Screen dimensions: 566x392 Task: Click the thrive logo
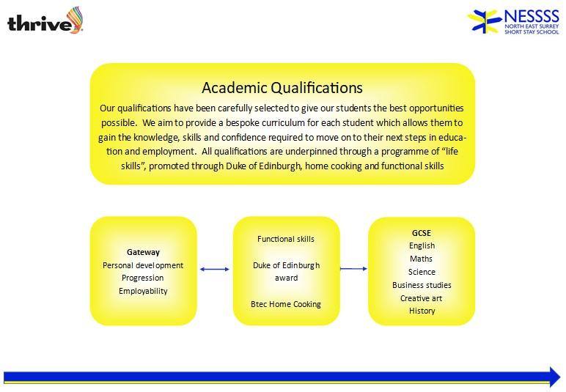[45, 21]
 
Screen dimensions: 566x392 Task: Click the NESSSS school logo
[514, 22]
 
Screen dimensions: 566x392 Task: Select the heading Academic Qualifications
[282, 88]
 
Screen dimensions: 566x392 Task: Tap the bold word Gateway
[143, 252]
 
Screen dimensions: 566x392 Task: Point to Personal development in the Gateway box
[143, 265]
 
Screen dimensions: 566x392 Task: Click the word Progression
[142, 278]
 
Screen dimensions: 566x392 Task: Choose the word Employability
[143, 291]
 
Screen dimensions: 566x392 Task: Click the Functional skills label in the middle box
[286, 239]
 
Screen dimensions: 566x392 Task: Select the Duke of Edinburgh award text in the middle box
[286, 272]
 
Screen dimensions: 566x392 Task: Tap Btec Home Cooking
[286, 304]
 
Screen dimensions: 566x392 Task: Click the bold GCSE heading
[422, 233]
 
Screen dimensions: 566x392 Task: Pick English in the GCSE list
[422, 245]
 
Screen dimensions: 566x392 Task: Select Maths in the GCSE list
[422, 259]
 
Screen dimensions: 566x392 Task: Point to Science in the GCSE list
[422, 272]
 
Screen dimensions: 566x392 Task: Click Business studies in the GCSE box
[422, 285]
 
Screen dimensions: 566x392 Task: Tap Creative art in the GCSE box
[422, 298]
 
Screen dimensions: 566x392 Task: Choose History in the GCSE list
[422, 311]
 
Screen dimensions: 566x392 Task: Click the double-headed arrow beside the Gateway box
[214, 269]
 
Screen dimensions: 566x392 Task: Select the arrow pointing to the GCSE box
[353, 269]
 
